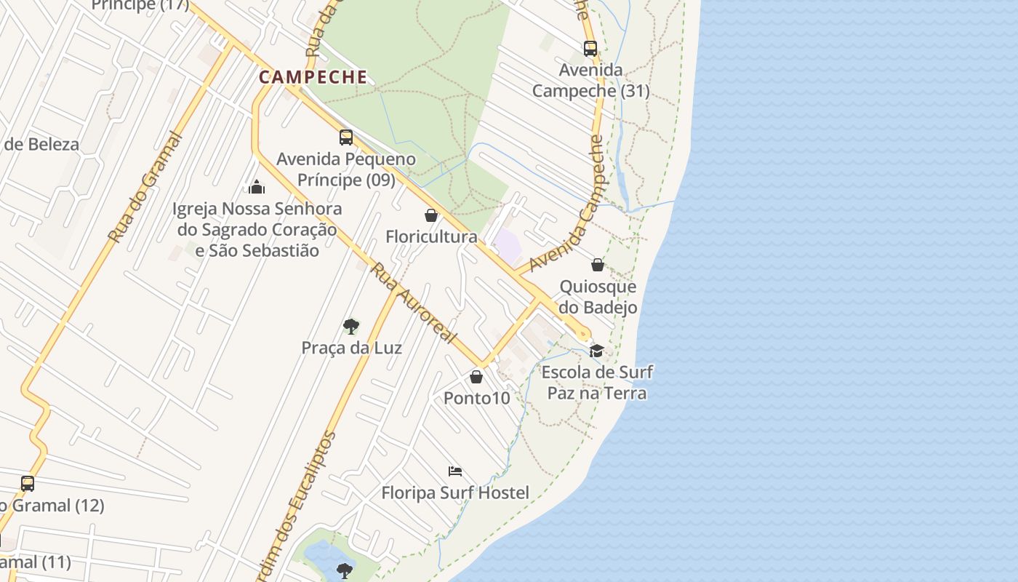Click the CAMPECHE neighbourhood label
(x=313, y=77)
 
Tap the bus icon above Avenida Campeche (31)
(x=590, y=49)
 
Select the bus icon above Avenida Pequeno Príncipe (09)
(x=346, y=137)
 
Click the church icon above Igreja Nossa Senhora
(x=256, y=188)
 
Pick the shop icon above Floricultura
(x=431, y=215)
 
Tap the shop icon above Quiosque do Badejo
(x=598, y=265)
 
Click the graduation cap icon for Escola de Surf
(x=596, y=351)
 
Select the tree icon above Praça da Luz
(x=351, y=326)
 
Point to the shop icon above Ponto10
(x=476, y=377)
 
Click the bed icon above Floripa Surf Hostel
(x=455, y=471)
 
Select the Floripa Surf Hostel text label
(x=455, y=493)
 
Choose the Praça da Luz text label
(x=351, y=348)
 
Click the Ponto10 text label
(x=476, y=398)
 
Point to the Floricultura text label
(x=431, y=236)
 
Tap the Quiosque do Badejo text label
(x=598, y=297)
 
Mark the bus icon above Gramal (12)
(x=28, y=483)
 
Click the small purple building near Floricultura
(x=508, y=244)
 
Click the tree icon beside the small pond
(x=345, y=570)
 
